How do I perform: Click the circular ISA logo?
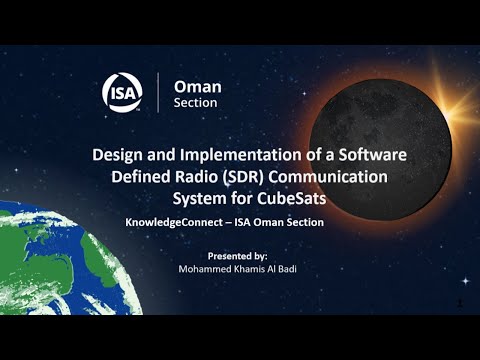click(123, 94)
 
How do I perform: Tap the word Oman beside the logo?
click(198, 87)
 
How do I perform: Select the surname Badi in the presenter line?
click(292, 269)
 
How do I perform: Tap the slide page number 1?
click(458, 301)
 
